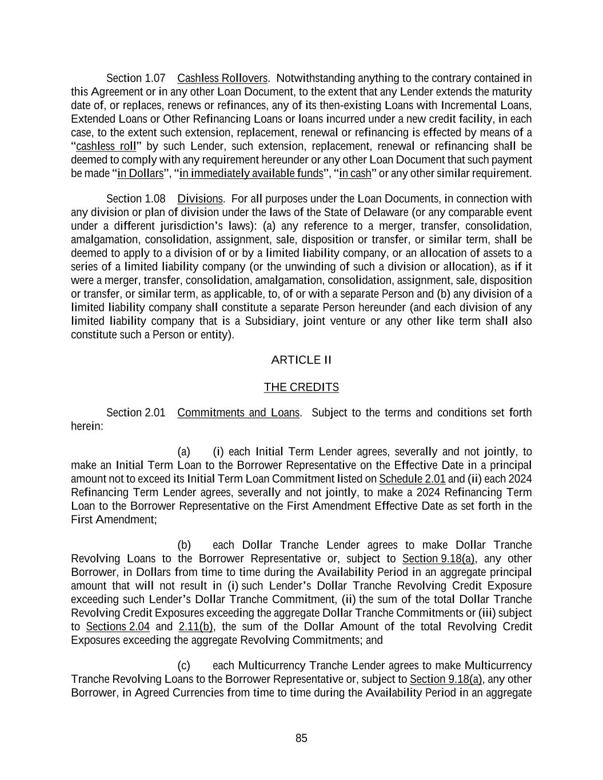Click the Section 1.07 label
(x=135, y=78)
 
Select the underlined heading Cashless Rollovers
(x=222, y=78)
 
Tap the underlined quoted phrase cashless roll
(x=106, y=146)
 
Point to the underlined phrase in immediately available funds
(x=251, y=174)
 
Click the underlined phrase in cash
(x=355, y=174)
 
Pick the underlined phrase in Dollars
(x=140, y=174)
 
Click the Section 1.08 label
(x=135, y=199)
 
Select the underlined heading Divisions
(x=199, y=199)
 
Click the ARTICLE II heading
(x=301, y=360)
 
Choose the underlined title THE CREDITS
(x=301, y=387)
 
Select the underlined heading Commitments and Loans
(x=238, y=413)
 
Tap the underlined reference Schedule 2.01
(x=412, y=479)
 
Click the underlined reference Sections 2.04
(x=118, y=627)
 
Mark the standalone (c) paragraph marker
(x=184, y=666)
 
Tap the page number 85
(x=301, y=738)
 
